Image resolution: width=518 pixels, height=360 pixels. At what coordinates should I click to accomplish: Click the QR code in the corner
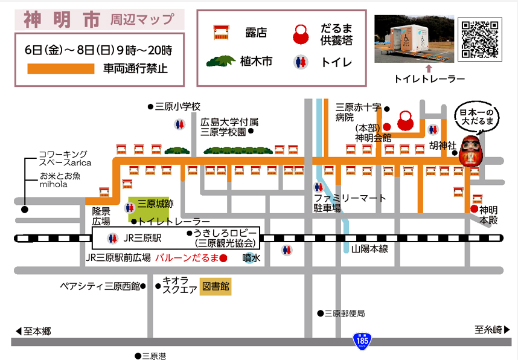coord(481,39)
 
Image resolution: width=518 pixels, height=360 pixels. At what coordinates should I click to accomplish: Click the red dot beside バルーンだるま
coord(223,259)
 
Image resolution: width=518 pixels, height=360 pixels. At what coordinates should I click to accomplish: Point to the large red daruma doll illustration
coord(470,151)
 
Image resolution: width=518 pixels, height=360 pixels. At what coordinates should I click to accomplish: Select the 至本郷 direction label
coord(33,331)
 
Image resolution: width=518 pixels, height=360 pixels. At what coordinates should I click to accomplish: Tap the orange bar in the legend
coord(61,69)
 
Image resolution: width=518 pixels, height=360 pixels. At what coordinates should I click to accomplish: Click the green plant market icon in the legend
coord(221,61)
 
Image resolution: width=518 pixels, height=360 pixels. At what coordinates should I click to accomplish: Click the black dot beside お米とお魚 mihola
coord(25,210)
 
